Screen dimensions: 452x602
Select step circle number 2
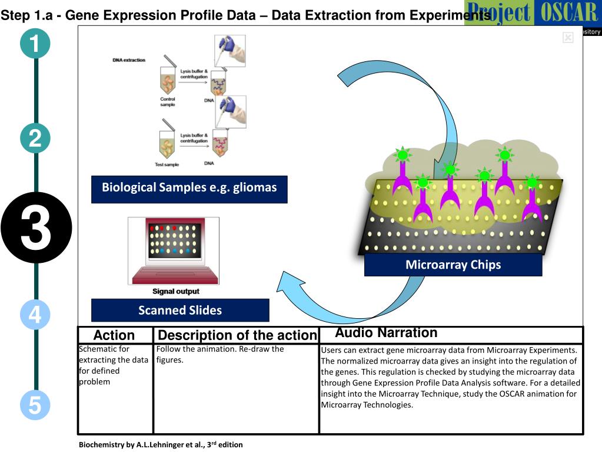35,139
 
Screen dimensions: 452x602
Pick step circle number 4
35,314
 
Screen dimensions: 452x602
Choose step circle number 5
35,406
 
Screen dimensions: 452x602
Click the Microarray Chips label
453,265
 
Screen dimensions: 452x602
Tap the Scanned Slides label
180,310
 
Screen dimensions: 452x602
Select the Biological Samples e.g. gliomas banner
189,189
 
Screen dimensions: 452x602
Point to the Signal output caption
175,291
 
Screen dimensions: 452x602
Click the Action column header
114,335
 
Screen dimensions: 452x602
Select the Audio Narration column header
386,333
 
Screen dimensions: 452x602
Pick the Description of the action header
236,335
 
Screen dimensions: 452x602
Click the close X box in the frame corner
568,38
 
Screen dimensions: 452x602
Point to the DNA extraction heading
129,60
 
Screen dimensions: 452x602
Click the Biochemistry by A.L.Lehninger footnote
161,445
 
